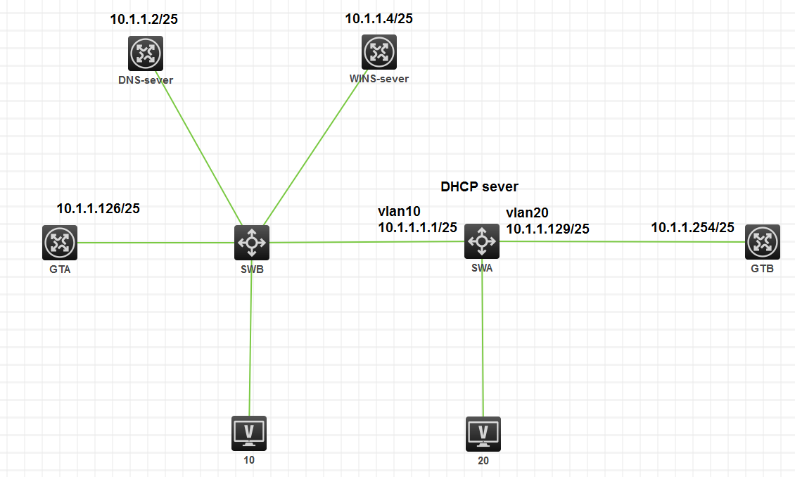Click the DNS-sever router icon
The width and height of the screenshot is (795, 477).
coord(146,53)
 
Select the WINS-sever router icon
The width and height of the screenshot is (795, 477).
coord(379,51)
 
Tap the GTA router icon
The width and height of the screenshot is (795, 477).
coord(59,243)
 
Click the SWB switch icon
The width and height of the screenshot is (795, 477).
coord(251,243)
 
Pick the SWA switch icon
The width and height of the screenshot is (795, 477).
coord(482,242)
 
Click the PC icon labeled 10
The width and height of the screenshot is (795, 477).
coord(249,433)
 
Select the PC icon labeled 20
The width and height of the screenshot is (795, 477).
coord(483,433)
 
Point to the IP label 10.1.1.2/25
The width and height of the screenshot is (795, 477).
coord(144,19)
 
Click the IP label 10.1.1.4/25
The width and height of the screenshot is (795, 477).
coord(379,19)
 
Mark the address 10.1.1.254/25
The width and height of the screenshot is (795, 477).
coord(692,227)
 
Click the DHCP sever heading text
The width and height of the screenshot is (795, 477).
coord(479,186)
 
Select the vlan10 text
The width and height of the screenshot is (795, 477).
coord(399,212)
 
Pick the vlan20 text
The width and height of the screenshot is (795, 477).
coord(527,212)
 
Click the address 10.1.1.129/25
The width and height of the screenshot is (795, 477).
coord(547,228)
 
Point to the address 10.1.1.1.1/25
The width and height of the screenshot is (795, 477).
coord(417,227)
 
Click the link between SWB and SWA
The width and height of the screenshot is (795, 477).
coord(366,242)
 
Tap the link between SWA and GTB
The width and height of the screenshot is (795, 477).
coord(619,241)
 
